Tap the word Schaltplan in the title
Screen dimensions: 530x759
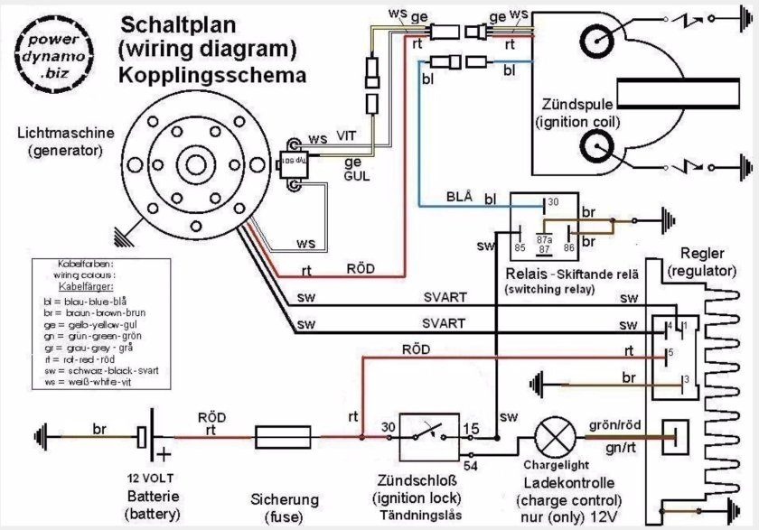tap(167, 24)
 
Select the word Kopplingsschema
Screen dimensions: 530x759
tap(211, 74)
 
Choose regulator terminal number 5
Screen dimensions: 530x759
tap(671, 351)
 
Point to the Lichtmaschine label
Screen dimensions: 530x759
tap(66, 133)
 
